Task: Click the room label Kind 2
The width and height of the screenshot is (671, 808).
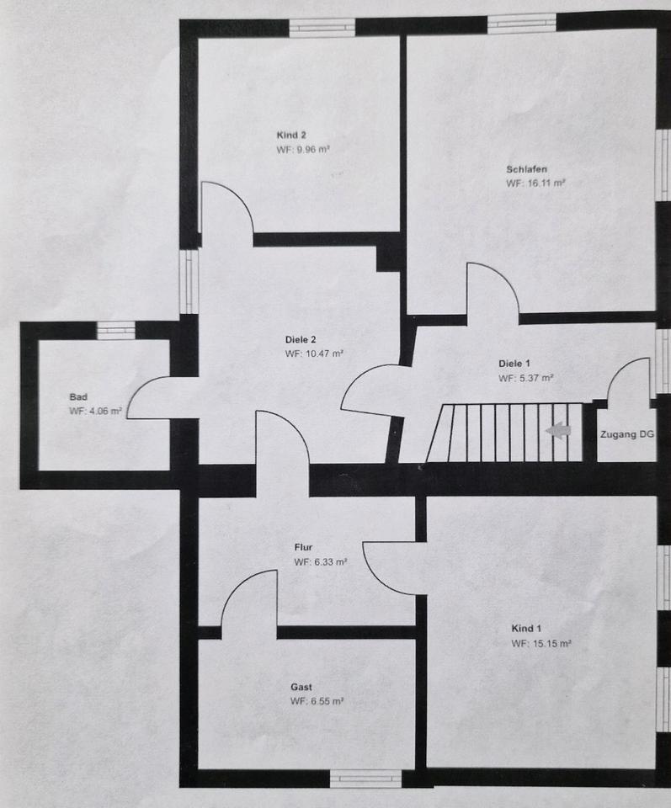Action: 291,135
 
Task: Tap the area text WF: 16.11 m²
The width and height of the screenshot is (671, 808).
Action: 535,183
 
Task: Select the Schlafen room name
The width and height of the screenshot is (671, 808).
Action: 527,169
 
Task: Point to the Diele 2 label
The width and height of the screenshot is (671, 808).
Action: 301,340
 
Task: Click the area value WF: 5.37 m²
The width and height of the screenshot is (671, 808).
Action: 526,379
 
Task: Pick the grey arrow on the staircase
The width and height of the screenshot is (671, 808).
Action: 557,431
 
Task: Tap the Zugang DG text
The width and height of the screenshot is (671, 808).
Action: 626,434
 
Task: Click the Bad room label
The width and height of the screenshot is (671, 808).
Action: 77,396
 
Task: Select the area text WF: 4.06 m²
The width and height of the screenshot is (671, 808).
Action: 96,412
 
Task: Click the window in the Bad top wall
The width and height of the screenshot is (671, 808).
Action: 115,330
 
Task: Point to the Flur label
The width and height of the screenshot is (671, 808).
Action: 303,547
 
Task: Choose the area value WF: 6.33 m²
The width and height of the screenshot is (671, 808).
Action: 321,562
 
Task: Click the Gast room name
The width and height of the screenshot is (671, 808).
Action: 301,687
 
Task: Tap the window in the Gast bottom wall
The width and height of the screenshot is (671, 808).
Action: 365,778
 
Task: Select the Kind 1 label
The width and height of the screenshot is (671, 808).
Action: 527,629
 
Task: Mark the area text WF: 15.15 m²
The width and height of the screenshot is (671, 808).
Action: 541,644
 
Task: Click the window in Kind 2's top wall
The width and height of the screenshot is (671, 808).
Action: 322,26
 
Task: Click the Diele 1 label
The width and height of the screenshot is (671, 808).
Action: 514,364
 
